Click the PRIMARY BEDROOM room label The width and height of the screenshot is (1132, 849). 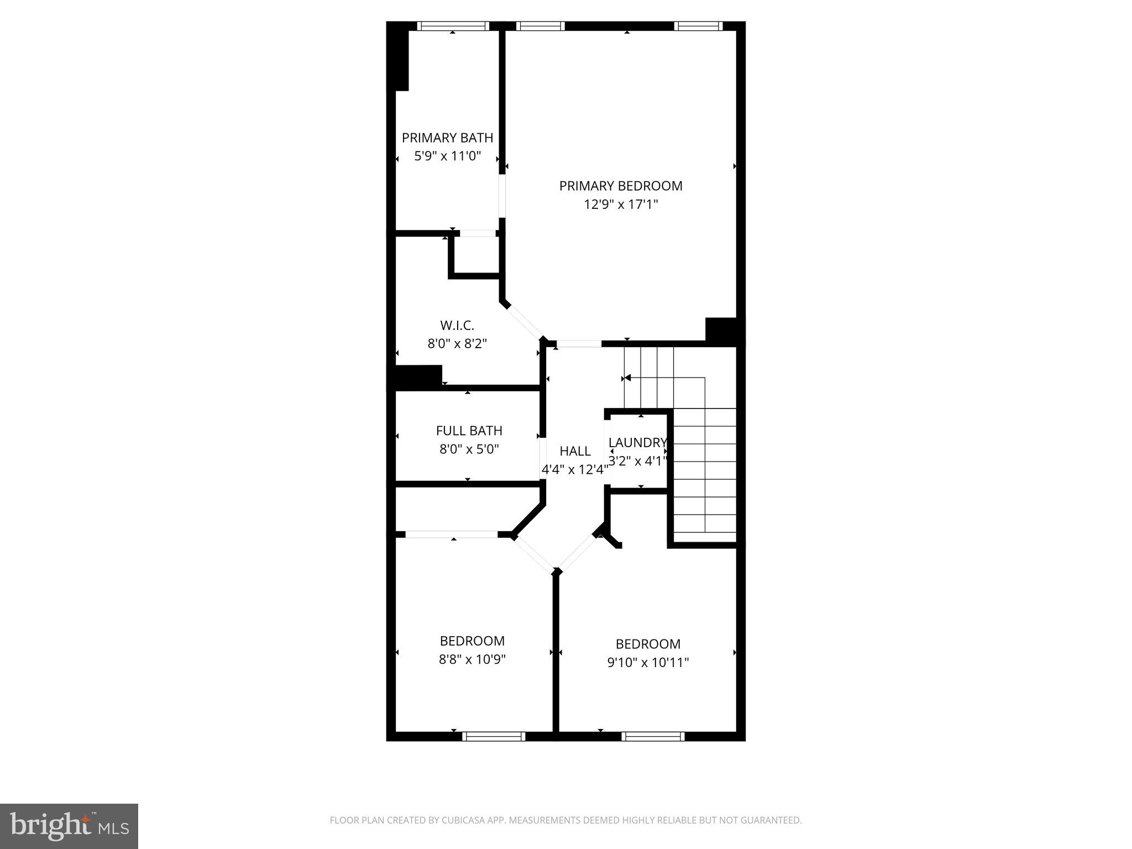(621, 186)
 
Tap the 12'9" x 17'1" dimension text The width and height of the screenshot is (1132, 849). (621, 205)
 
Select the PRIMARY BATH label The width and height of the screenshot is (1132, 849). (447, 138)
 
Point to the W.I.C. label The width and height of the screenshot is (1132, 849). (457, 325)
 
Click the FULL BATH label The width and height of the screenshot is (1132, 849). (469, 431)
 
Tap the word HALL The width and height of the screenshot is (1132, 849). (575, 451)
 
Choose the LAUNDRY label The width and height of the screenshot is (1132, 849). (637, 442)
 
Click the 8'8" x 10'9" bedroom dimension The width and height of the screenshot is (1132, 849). (472, 659)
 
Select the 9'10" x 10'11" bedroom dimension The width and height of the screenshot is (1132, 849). (648, 662)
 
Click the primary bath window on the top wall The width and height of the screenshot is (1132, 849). (453, 26)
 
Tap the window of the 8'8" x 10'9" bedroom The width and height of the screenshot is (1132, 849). (494, 736)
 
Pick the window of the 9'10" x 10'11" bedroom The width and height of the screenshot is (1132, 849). (653, 736)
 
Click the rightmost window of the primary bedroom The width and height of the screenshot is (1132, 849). (698, 26)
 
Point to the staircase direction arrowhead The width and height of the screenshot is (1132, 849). (627, 378)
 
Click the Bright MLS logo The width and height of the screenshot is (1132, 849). (69, 826)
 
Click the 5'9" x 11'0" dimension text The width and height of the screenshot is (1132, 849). (447, 156)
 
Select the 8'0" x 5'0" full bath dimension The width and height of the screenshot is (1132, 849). (469, 449)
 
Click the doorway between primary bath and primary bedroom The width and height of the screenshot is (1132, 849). (502, 196)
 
